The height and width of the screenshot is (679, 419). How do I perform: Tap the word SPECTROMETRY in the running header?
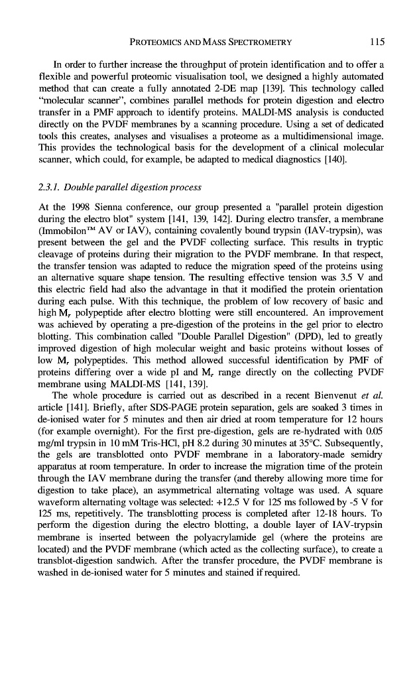255,42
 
